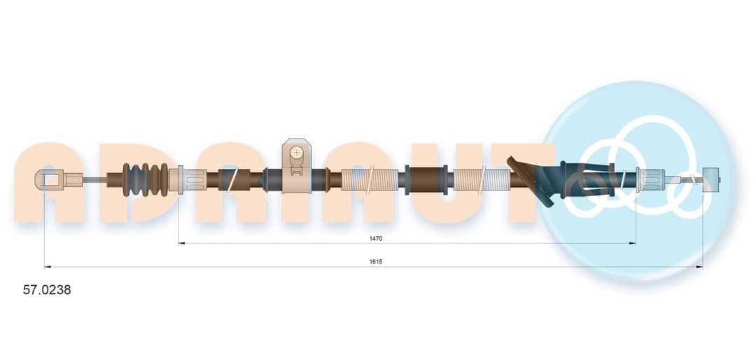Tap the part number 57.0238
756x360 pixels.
(47, 290)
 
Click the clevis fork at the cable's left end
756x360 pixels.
(48, 180)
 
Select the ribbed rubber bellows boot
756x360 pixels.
(145, 180)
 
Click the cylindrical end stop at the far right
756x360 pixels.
(711, 181)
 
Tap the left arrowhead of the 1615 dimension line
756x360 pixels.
(48, 266)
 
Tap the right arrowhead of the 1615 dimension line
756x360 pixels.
(699, 266)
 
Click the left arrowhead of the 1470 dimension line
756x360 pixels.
(181, 243)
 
